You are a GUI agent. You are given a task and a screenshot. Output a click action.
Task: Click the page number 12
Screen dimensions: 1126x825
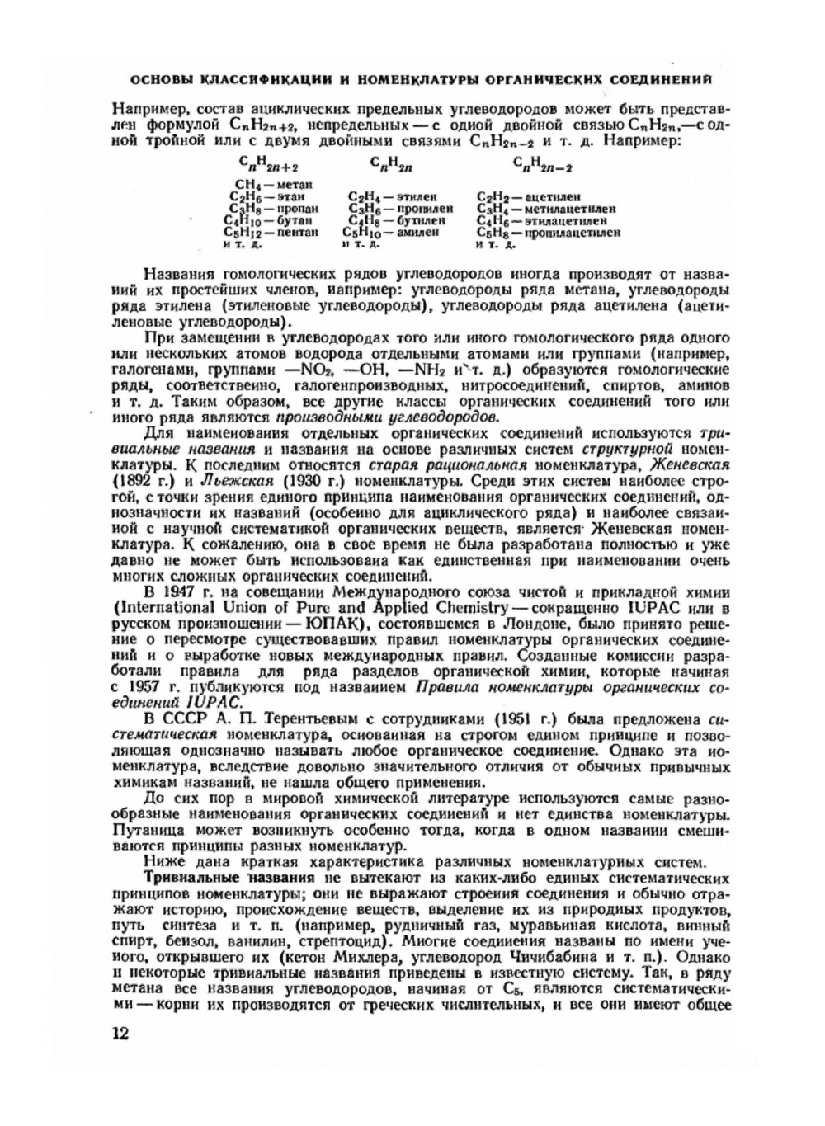pos(120,1034)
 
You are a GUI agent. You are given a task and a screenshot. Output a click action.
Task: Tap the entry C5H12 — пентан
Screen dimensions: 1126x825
pos(271,233)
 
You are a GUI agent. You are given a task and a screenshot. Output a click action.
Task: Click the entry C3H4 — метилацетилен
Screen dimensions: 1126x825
pos(546,209)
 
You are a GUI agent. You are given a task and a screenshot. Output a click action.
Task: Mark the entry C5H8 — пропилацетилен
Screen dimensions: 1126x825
pos(549,233)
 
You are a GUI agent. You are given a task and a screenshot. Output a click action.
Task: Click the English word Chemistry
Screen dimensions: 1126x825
pos(470,606)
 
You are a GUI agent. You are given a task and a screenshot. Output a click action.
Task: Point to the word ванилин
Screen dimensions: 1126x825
pos(247,941)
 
